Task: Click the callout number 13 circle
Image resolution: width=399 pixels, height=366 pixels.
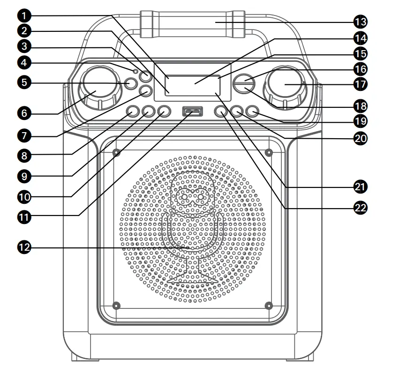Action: [x=361, y=22]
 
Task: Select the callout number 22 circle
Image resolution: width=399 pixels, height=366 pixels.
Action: [x=361, y=207]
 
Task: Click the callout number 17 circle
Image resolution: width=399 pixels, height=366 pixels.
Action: [x=361, y=84]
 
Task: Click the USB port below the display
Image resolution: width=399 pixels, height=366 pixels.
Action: [x=193, y=112]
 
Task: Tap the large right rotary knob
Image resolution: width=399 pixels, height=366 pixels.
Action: [x=285, y=87]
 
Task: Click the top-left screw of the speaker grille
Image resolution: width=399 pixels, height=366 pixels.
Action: [x=116, y=153]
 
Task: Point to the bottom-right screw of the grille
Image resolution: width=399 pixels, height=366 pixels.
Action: [x=269, y=306]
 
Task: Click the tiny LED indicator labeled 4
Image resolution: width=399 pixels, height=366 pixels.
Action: [x=136, y=71]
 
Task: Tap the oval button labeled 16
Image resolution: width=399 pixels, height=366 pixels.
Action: [x=244, y=83]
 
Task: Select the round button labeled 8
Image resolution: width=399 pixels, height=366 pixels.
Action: [x=133, y=112]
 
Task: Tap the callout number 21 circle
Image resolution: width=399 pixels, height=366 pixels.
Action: [x=361, y=187]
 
